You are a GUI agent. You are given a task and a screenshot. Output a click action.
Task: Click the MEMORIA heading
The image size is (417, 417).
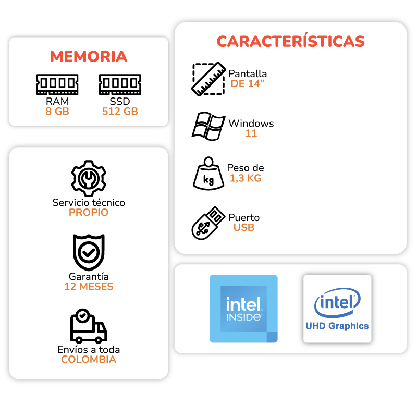(x=89, y=56)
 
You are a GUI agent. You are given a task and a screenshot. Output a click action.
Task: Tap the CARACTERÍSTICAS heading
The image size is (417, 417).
(x=290, y=41)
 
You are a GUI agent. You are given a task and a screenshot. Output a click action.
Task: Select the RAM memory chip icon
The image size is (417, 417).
(x=57, y=84)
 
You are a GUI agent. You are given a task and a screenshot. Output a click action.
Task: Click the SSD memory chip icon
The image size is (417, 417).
(x=120, y=84)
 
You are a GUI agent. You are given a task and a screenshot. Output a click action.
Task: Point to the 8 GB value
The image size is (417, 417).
(x=57, y=111)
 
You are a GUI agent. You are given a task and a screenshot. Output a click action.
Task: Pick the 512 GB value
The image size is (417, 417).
(x=120, y=111)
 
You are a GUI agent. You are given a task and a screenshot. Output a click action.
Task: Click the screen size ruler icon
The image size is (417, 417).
(x=208, y=79)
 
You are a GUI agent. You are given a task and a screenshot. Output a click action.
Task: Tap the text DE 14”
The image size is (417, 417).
(x=248, y=83)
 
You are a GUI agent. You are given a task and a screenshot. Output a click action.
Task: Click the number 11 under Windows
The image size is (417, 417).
(x=251, y=133)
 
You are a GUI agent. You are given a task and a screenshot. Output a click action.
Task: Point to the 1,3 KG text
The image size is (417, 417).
(x=246, y=178)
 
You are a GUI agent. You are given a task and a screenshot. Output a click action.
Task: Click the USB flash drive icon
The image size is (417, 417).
(x=207, y=223)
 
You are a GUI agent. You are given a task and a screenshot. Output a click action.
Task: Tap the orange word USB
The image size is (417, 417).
(x=244, y=228)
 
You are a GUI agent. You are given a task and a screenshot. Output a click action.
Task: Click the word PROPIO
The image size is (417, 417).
(x=89, y=213)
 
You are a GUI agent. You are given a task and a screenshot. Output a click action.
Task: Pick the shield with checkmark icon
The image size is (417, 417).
(x=89, y=252)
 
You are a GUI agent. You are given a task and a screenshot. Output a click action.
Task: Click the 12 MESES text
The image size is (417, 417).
(x=89, y=287)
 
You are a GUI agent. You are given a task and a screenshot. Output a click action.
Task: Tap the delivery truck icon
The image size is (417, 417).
(x=88, y=326)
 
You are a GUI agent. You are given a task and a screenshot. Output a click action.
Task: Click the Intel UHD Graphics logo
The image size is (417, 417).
(x=337, y=309)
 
